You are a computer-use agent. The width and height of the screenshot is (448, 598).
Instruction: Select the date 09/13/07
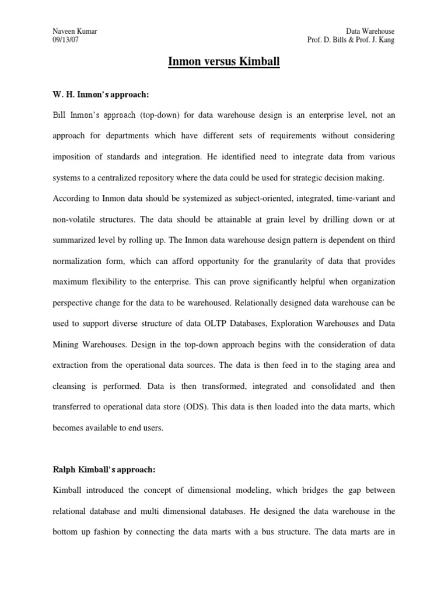(65, 40)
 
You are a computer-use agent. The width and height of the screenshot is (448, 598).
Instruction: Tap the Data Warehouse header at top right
(370, 30)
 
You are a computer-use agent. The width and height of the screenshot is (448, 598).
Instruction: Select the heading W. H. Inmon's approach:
(103, 94)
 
